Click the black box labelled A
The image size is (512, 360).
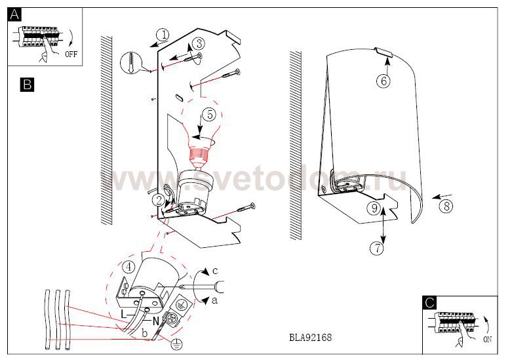14,14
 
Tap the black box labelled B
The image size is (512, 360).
27,85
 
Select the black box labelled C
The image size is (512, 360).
429,302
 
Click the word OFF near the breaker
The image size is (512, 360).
71,54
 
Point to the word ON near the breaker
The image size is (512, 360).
487,340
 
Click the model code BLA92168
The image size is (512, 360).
310,337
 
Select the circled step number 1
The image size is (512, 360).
163,35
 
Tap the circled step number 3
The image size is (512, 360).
199,43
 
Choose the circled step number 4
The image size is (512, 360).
129,267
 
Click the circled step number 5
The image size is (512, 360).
209,115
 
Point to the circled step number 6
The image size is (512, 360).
384,81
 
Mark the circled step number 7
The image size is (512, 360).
377,249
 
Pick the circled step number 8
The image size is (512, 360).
446,206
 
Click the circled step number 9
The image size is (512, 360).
374,208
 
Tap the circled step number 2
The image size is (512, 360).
159,200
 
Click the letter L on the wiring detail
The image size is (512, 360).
123,314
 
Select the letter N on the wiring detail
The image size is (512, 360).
155,321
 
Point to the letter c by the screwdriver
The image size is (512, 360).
214,271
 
